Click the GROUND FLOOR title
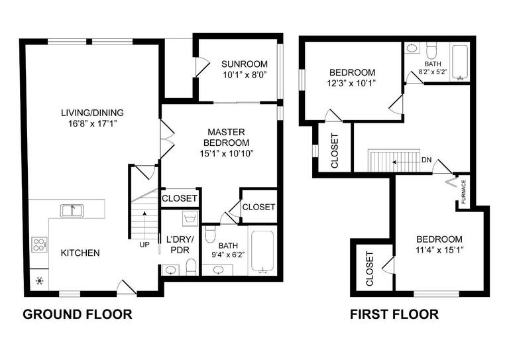pos(78,314)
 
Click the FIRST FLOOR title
pos(394,314)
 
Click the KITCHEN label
pos(80,253)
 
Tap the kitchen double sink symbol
pos(72,211)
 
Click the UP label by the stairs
pos(144,245)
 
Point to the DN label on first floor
pos(427,160)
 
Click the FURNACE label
pos(464,192)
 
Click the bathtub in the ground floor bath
pos(263,252)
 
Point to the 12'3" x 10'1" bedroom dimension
pos(352,83)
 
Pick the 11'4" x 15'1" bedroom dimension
pos(439,250)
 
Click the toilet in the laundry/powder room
pos(191,267)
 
